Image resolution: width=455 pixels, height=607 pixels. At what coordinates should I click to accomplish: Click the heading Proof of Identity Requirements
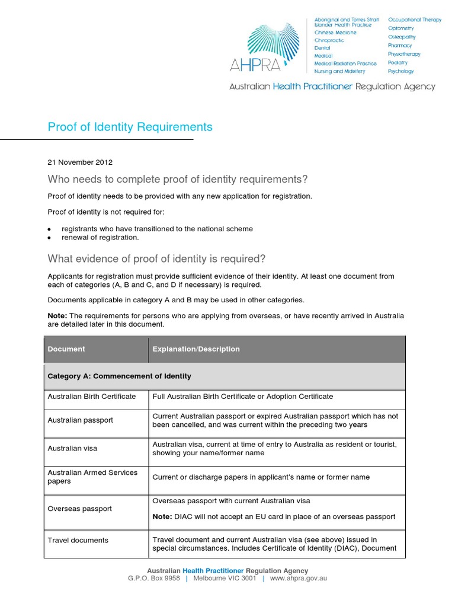(130, 127)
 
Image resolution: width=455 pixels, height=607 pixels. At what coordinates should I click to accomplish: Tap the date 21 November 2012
(80, 162)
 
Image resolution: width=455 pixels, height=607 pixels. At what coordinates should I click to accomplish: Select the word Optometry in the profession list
(401, 28)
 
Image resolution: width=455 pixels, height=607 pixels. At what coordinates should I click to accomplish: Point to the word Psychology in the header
(401, 71)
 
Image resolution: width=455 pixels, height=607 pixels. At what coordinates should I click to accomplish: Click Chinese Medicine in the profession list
(335, 33)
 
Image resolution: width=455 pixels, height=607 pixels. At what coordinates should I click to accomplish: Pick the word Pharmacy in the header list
(400, 45)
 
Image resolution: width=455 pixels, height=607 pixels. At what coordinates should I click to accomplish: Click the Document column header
(66, 349)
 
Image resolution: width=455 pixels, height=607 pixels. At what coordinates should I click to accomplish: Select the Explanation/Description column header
(196, 349)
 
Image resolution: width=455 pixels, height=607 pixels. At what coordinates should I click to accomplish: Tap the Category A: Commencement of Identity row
(119, 376)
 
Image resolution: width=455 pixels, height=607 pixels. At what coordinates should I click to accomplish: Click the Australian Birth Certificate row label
(92, 396)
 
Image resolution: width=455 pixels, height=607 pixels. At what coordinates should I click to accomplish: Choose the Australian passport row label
(80, 420)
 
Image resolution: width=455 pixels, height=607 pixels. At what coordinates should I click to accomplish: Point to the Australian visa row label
(73, 449)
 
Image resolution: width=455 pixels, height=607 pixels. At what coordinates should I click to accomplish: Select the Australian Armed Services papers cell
(92, 477)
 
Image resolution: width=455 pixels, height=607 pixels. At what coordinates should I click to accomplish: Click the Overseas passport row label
(79, 509)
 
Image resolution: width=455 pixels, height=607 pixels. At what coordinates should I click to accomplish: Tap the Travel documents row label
(78, 540)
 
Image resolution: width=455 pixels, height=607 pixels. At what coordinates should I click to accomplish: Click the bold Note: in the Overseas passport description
(162, 517)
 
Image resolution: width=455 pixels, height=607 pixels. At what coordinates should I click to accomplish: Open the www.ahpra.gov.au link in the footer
(299, 579)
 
